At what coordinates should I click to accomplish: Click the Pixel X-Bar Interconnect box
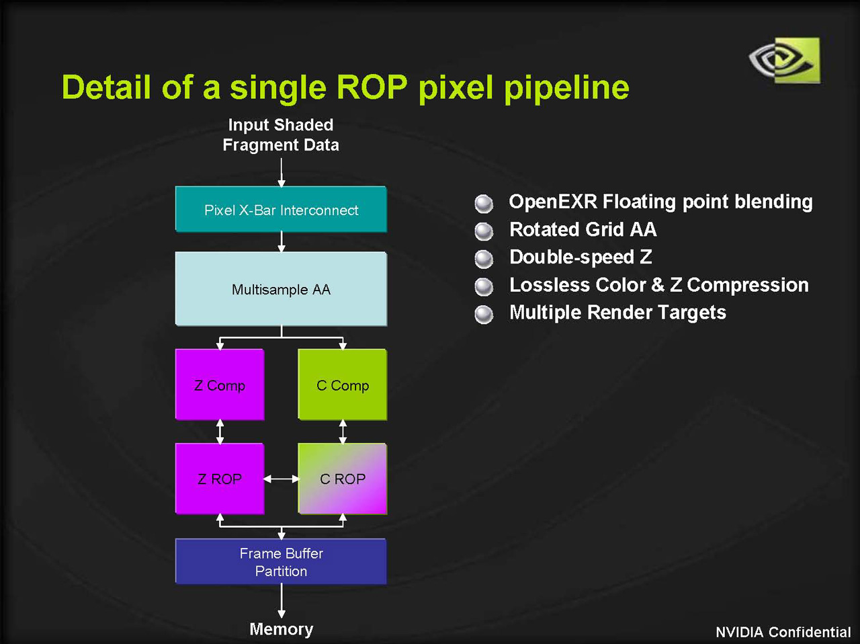(x=281, y=210)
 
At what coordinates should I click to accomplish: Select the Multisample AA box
(x=281, y=289)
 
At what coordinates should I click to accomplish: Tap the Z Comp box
(x=220, y=385)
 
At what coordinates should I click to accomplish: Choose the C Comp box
(x=343, y=385)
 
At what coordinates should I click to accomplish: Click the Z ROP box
(x=220, y=479)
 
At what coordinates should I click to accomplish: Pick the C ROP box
(x=343, y=479)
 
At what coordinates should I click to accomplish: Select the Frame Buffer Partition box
(x=281, y=561)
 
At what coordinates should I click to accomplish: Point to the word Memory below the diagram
(x=281, y=629)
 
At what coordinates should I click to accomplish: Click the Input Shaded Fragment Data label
(x=281, y=134)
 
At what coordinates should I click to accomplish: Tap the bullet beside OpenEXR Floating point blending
(x=484, y=203)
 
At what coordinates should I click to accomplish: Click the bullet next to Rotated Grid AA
(x=484, y=231)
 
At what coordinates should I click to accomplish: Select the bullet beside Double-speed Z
(x=484, y=259)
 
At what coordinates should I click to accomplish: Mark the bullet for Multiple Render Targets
(x=484, y=314)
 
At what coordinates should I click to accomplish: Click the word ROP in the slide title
(x=372, y=87)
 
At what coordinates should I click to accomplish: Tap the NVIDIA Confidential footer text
(x=783, y=632)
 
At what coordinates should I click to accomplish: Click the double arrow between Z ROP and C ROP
(x=281, y=479)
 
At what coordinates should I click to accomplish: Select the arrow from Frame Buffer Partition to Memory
(x=281, y=600)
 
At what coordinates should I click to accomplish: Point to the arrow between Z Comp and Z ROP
(x=220, y=432)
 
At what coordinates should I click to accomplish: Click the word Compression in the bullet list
(x=747, y=285)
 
